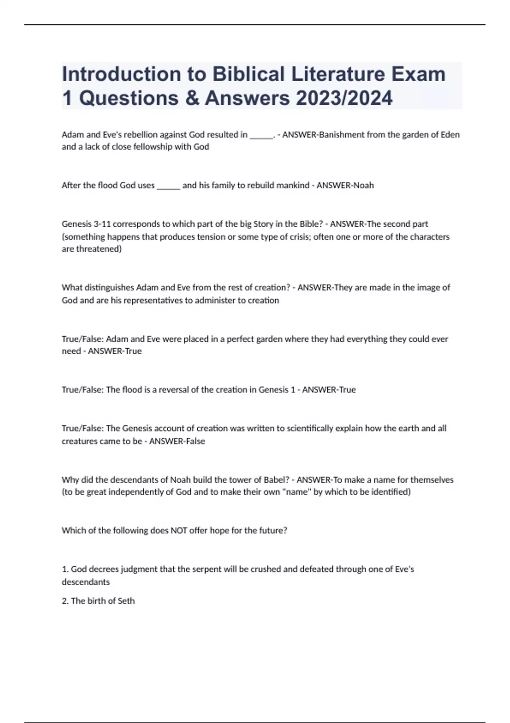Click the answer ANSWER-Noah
345,185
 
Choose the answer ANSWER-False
177,441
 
